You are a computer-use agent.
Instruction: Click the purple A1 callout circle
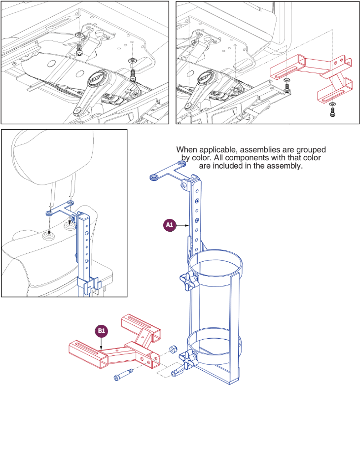[x=170, y=225]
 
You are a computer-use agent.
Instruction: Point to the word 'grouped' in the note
[x=305, y=149]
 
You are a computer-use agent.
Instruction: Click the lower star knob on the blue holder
[x=188, y=358]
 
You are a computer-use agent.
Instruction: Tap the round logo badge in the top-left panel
[x=96, y=79]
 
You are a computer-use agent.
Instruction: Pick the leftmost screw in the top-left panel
[x=79, y=49]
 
